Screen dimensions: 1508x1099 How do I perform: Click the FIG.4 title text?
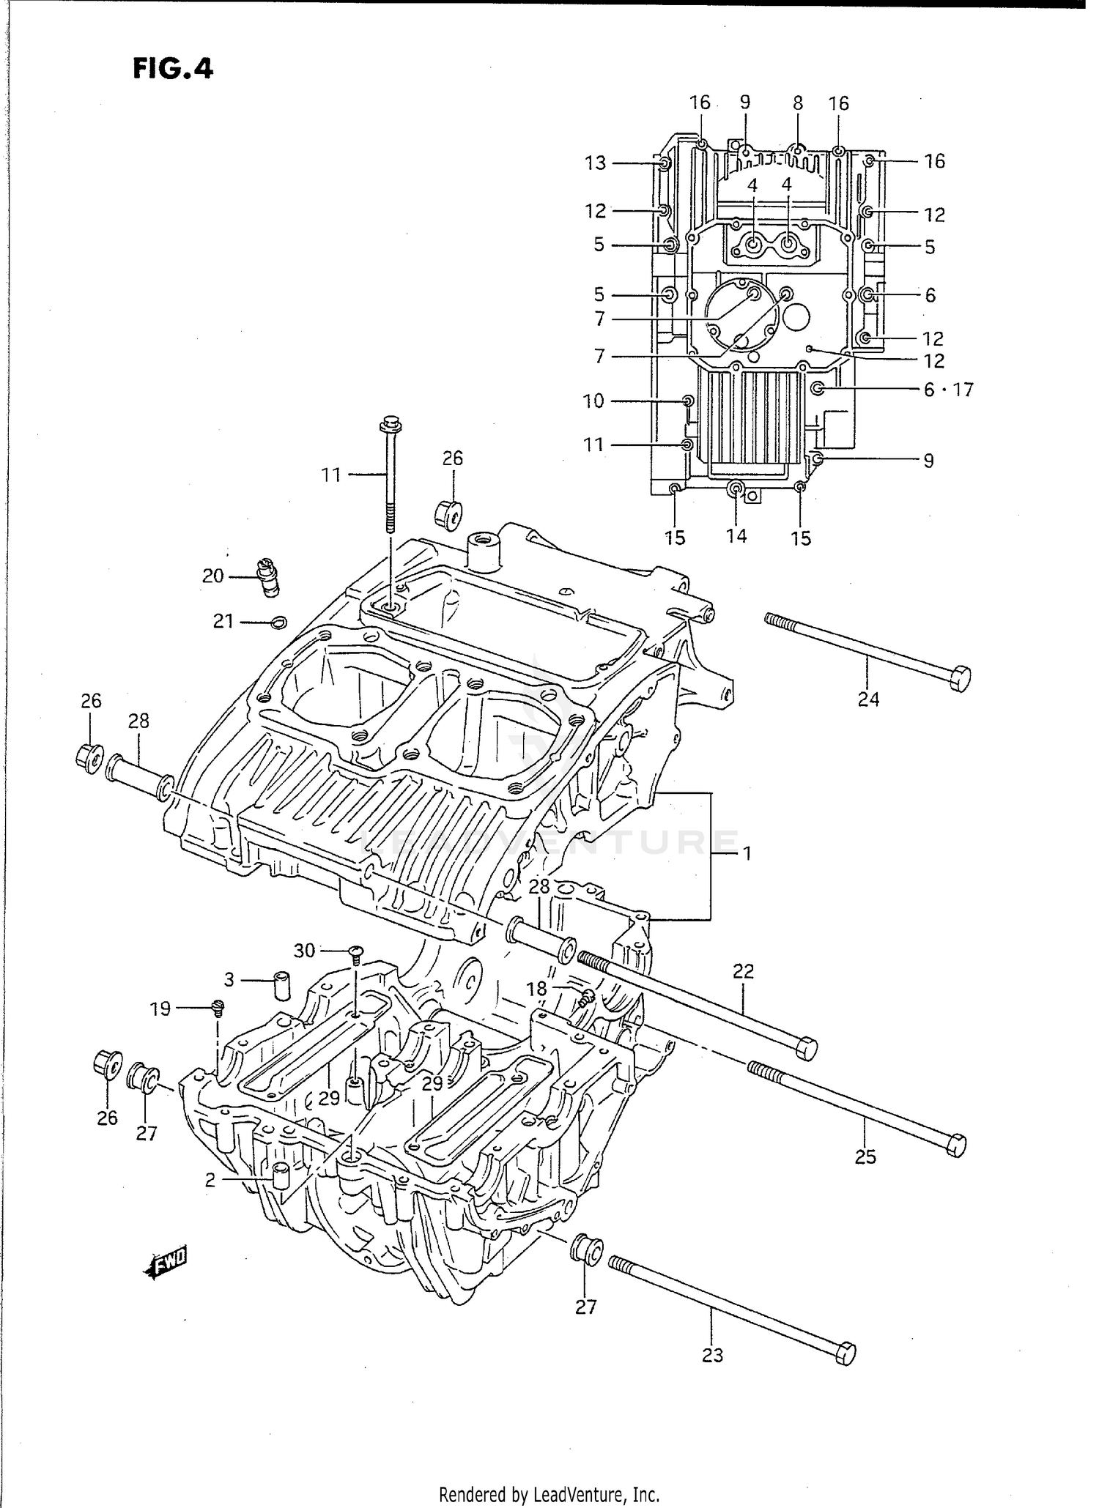[x=173, y=69]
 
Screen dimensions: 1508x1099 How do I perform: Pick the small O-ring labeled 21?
[x=278, y=623]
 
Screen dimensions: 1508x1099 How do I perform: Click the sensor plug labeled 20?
[x=267, y=576]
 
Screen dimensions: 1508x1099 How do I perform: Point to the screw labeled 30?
[x=355, y=952]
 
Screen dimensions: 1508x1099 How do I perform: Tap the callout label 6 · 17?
[x=948, y=390]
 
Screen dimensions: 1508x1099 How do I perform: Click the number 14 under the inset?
[x=736, y=536]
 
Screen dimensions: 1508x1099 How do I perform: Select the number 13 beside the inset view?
[x=596, y=163]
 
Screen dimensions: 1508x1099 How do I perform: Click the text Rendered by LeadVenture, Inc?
[x=549, y=1494]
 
